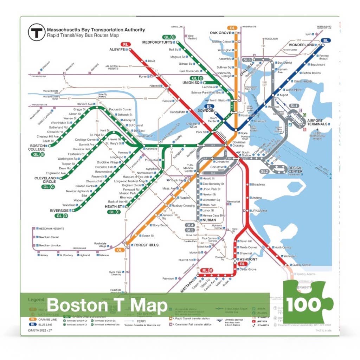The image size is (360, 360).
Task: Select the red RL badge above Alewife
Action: pyautogui.click(x=126, y=45)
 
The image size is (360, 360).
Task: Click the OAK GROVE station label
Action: pyautogui.click(x=220, y=33)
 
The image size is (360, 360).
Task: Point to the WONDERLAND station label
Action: pyautogui.click(x=301, y=45)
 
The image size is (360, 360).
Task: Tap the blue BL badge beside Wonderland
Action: pyautogui.click(x=326, y=40)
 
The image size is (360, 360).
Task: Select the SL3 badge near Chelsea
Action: pyautogui.click(x=247, y=60)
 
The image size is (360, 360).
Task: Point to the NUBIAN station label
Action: pyautogui.click(x=209, y=220)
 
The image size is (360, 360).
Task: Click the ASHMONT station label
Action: pyautogui.click(x=248, y=259)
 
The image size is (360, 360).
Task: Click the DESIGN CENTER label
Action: pyautogui.click(x=295, y=170)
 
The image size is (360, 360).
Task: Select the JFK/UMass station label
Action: pyautogui.click(x=259, y=211)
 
